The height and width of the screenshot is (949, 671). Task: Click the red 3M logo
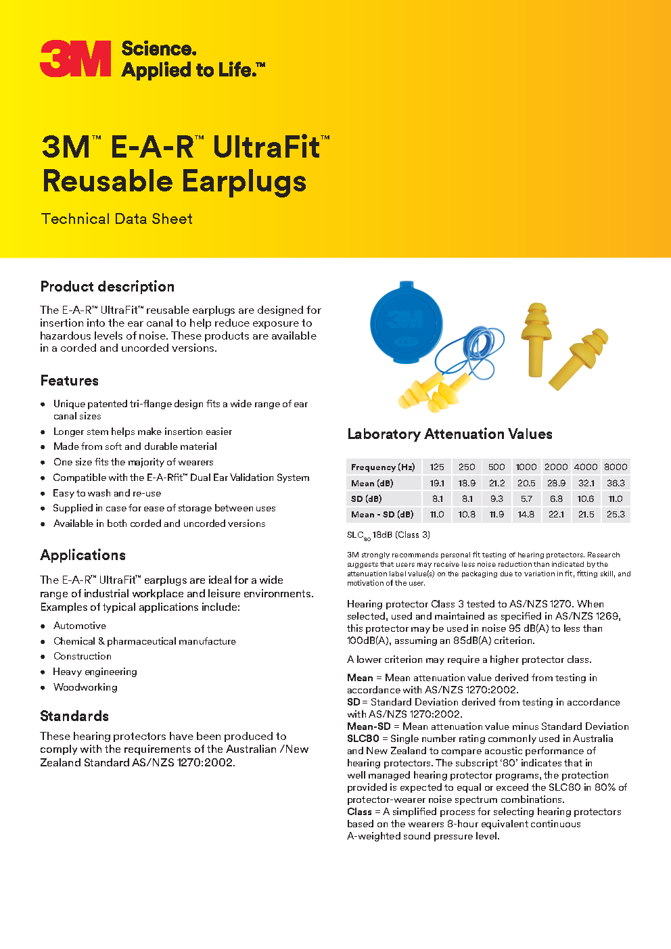(75, 59)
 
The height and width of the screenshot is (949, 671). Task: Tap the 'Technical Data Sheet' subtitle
(117, 219)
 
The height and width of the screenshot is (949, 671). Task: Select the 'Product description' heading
(108, 287)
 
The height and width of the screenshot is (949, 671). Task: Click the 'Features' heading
(70, 381)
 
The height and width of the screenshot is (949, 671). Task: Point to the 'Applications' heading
(83, 555)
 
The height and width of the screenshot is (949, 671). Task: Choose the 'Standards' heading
(74, 716)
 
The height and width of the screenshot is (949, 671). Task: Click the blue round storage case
(407, 323)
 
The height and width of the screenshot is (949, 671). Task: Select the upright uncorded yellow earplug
(536, 338)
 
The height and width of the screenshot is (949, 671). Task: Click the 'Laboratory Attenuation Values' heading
(450, 434)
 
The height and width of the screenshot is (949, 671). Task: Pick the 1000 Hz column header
(526, 467)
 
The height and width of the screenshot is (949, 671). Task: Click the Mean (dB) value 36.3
(616, 483)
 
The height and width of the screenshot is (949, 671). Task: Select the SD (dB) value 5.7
(526, 499)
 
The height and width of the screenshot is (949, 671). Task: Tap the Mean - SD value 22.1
(556, 514)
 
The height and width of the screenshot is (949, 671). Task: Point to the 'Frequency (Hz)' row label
(383, 467)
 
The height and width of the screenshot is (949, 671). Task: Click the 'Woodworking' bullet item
(85, 687)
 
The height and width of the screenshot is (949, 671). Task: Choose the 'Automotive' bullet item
(80, 626)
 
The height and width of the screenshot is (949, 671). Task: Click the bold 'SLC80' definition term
(363, 739)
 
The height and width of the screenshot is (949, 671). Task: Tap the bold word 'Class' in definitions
(359, 812)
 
